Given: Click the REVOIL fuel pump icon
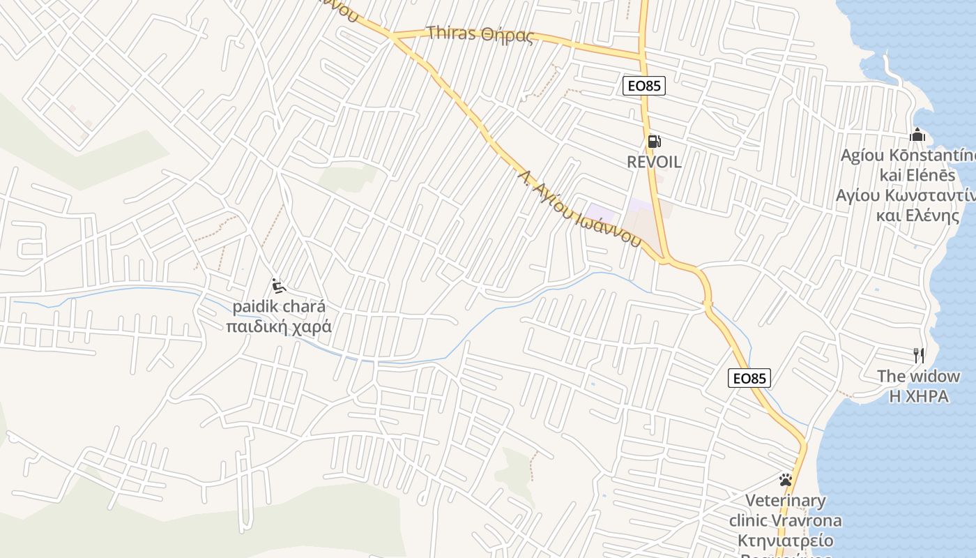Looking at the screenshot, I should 654,142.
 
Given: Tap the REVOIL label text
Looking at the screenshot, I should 654,162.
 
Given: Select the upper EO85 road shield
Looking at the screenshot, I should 643,86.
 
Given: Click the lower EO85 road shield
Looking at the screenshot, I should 750,378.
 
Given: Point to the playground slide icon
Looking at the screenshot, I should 279,286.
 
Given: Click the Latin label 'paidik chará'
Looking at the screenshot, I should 279,307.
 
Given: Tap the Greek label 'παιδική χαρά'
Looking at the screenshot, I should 279,326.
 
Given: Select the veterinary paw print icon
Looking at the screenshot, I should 786,480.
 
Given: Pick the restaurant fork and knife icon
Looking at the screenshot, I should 919,356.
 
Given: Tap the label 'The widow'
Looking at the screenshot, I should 918,377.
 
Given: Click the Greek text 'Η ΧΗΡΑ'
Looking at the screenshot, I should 918,396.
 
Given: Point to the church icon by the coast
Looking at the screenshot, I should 917,134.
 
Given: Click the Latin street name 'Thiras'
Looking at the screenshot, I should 451,33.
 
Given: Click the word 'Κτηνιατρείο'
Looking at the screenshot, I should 786,541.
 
